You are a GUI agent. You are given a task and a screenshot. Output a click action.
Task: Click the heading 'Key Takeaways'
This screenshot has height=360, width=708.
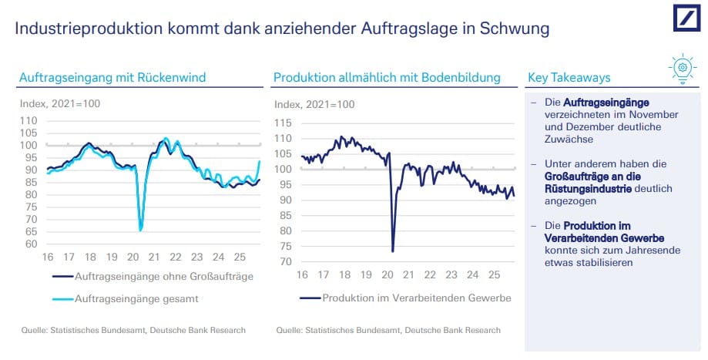(569, 78)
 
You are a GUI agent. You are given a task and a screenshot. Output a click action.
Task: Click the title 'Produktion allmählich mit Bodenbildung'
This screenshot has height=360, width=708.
(387, 78)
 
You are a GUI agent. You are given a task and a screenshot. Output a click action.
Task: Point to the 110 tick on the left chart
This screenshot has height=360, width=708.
(28, 121)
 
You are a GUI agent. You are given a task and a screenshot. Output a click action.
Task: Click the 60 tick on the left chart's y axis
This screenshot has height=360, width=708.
(31, 244)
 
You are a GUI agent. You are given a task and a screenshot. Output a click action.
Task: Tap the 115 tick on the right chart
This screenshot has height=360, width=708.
(282, 123)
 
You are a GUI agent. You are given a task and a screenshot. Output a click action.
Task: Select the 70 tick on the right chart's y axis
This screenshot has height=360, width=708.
(285, 262)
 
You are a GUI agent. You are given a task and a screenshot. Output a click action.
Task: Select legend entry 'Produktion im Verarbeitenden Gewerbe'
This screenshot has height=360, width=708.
(417, 298)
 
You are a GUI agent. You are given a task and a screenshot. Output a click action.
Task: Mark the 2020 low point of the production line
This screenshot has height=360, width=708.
(393, 251)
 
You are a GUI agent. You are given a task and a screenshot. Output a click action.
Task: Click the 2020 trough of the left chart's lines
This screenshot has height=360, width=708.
(140, 230)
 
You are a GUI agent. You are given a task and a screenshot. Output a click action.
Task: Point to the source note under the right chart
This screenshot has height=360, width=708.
(388, 331)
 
